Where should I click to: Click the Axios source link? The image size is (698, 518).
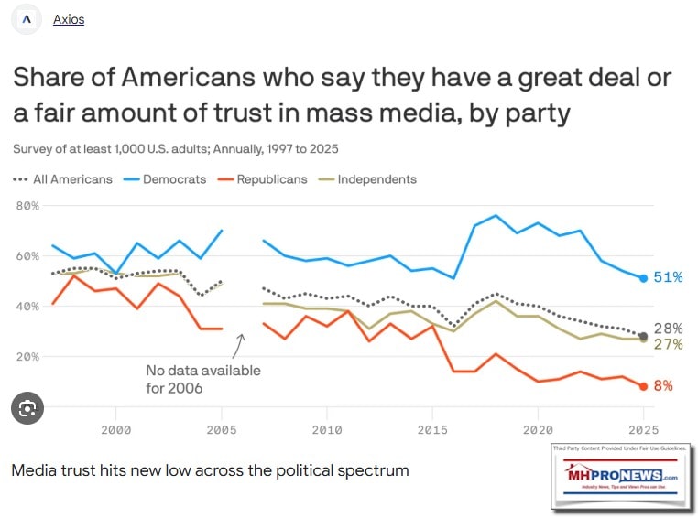68,19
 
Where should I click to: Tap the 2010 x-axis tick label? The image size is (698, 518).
326,428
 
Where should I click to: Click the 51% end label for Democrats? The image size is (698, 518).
668,277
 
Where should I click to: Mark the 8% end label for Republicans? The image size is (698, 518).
663,386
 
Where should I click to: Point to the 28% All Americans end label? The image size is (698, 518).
668,329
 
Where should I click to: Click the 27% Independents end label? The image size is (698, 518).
668,345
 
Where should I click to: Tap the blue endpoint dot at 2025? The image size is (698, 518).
643,277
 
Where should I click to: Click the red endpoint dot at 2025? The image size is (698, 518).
643,386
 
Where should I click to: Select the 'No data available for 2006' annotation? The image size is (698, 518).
203,379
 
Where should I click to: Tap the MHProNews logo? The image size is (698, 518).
618,476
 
